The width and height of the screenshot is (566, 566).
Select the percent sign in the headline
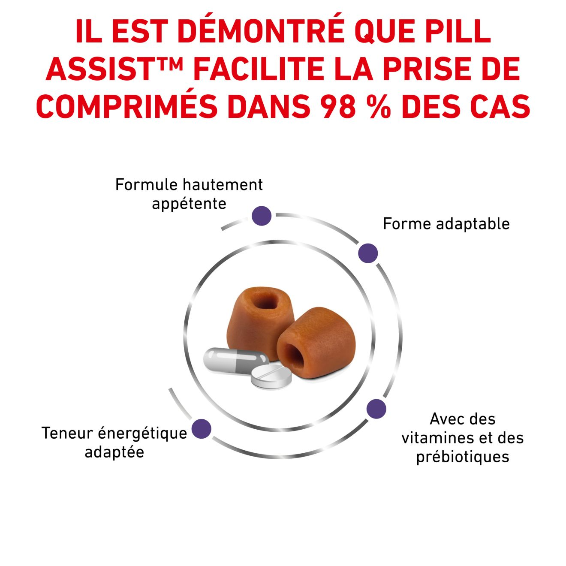pos(379,106)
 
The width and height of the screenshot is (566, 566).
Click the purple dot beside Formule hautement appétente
pos(261,216)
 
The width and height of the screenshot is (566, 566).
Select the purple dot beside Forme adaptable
pos(368,253)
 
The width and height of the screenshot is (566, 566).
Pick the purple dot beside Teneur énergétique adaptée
pos(201,429)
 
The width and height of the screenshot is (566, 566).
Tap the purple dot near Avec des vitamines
pos(376,409)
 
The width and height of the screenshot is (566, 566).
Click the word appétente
pos(189,204)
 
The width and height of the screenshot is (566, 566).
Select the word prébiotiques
pos(463,457)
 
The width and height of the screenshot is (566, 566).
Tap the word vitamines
pos(434,438)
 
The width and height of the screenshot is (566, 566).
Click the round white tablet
pos(271,376)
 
